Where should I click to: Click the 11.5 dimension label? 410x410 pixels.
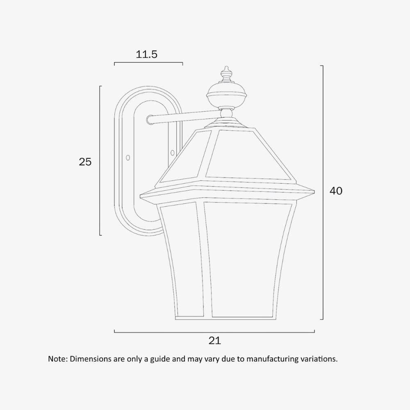click(x=147, y=54)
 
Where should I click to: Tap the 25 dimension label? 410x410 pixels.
click(x=85, y=162)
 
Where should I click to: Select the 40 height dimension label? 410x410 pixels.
click(x=336, y=191)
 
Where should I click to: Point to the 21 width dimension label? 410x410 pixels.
click(x=215, y=340)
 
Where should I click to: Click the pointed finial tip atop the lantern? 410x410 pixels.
click(x=226, y=68)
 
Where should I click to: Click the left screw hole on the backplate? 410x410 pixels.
click(x=128, y=157)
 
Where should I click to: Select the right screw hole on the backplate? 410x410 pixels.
click(x=172, y=153)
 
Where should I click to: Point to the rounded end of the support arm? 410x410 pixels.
click(x=150, y=119)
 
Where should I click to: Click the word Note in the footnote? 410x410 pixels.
click(x=57, y=359)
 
